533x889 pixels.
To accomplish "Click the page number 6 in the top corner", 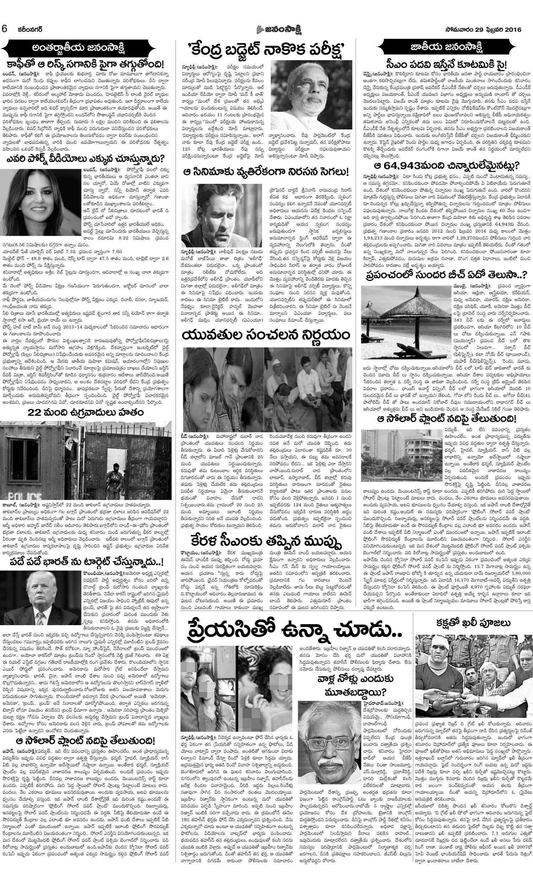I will click(x=5, y=29).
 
